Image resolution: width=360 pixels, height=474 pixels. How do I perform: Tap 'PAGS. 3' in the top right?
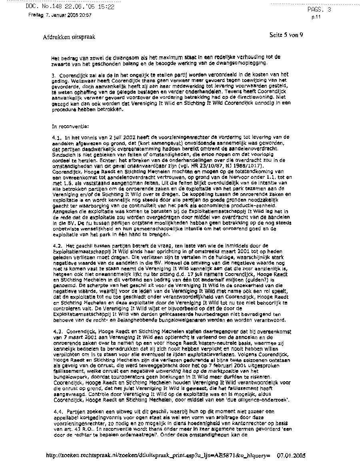click(x=319, y=10)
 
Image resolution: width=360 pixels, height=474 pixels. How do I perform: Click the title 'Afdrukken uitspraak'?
click(x=69, y=37)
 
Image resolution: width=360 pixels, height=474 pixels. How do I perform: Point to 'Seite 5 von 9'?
click(x=286, y=35)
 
